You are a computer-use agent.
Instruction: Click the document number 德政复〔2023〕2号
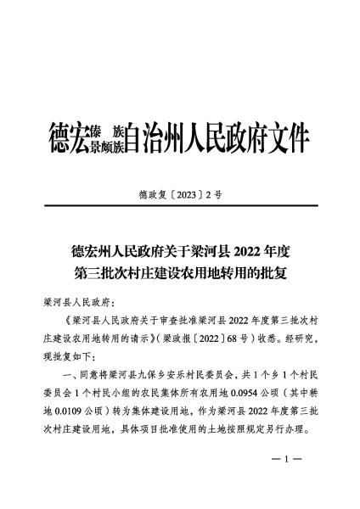click(180, 194)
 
